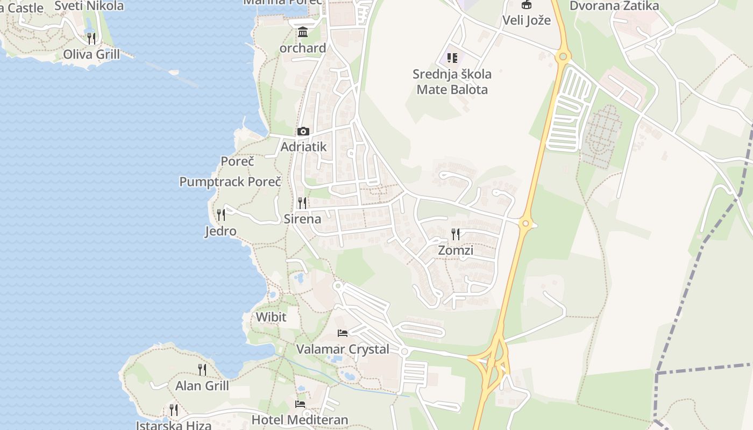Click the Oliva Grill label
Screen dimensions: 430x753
click(91, 54)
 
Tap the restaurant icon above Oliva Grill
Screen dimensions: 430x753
click(91, 38)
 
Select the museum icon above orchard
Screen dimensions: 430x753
click(303, 32)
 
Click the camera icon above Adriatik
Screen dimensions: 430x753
click(303, 131)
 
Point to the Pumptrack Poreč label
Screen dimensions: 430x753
click(230, 182)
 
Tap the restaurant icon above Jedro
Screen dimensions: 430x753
click(221, 215)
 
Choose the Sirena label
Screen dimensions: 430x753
click(302, 219)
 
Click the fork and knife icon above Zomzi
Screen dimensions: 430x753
click(456, 234)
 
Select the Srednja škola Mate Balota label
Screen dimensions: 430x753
click(452, 82)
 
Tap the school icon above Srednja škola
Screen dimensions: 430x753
click(452, 58)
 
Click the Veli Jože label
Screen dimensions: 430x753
click(527, 20)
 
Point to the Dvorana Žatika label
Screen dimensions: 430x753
click(614, 6)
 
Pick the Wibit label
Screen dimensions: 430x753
click(271, 317)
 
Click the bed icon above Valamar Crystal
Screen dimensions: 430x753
click(343, 333)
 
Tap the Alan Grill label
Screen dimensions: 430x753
click(202, 385)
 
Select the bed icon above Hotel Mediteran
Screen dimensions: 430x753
click(300, 404)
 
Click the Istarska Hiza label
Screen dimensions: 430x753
click(173, 425)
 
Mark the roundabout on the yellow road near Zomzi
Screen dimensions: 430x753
click(525, 224)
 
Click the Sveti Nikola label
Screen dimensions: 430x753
click(89, 6)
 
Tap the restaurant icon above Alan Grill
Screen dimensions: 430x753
click(202, 369)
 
